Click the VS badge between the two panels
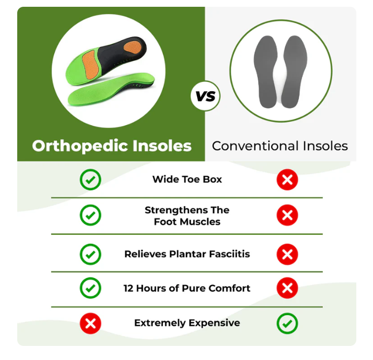pos(206,96)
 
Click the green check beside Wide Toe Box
pos(90,179)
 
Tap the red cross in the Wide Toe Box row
pos(287,179)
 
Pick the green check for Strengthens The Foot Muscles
pos(90,215)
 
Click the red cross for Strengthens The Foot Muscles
pos(287,215)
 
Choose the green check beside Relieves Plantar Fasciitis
pos(90,255)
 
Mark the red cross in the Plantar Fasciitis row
pos(287,255)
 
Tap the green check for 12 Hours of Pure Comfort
pos(90,288)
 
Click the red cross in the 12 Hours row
pos(287,288)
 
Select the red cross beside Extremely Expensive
pos(90,323)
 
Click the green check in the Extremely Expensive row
pos(287,323)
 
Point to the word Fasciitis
pos(230,254)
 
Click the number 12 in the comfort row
pos(128,288)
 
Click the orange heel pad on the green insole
pos(133,47)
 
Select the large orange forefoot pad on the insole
pos(90,64)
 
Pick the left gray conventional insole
pos(266,71)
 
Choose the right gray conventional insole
pos(294,71)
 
